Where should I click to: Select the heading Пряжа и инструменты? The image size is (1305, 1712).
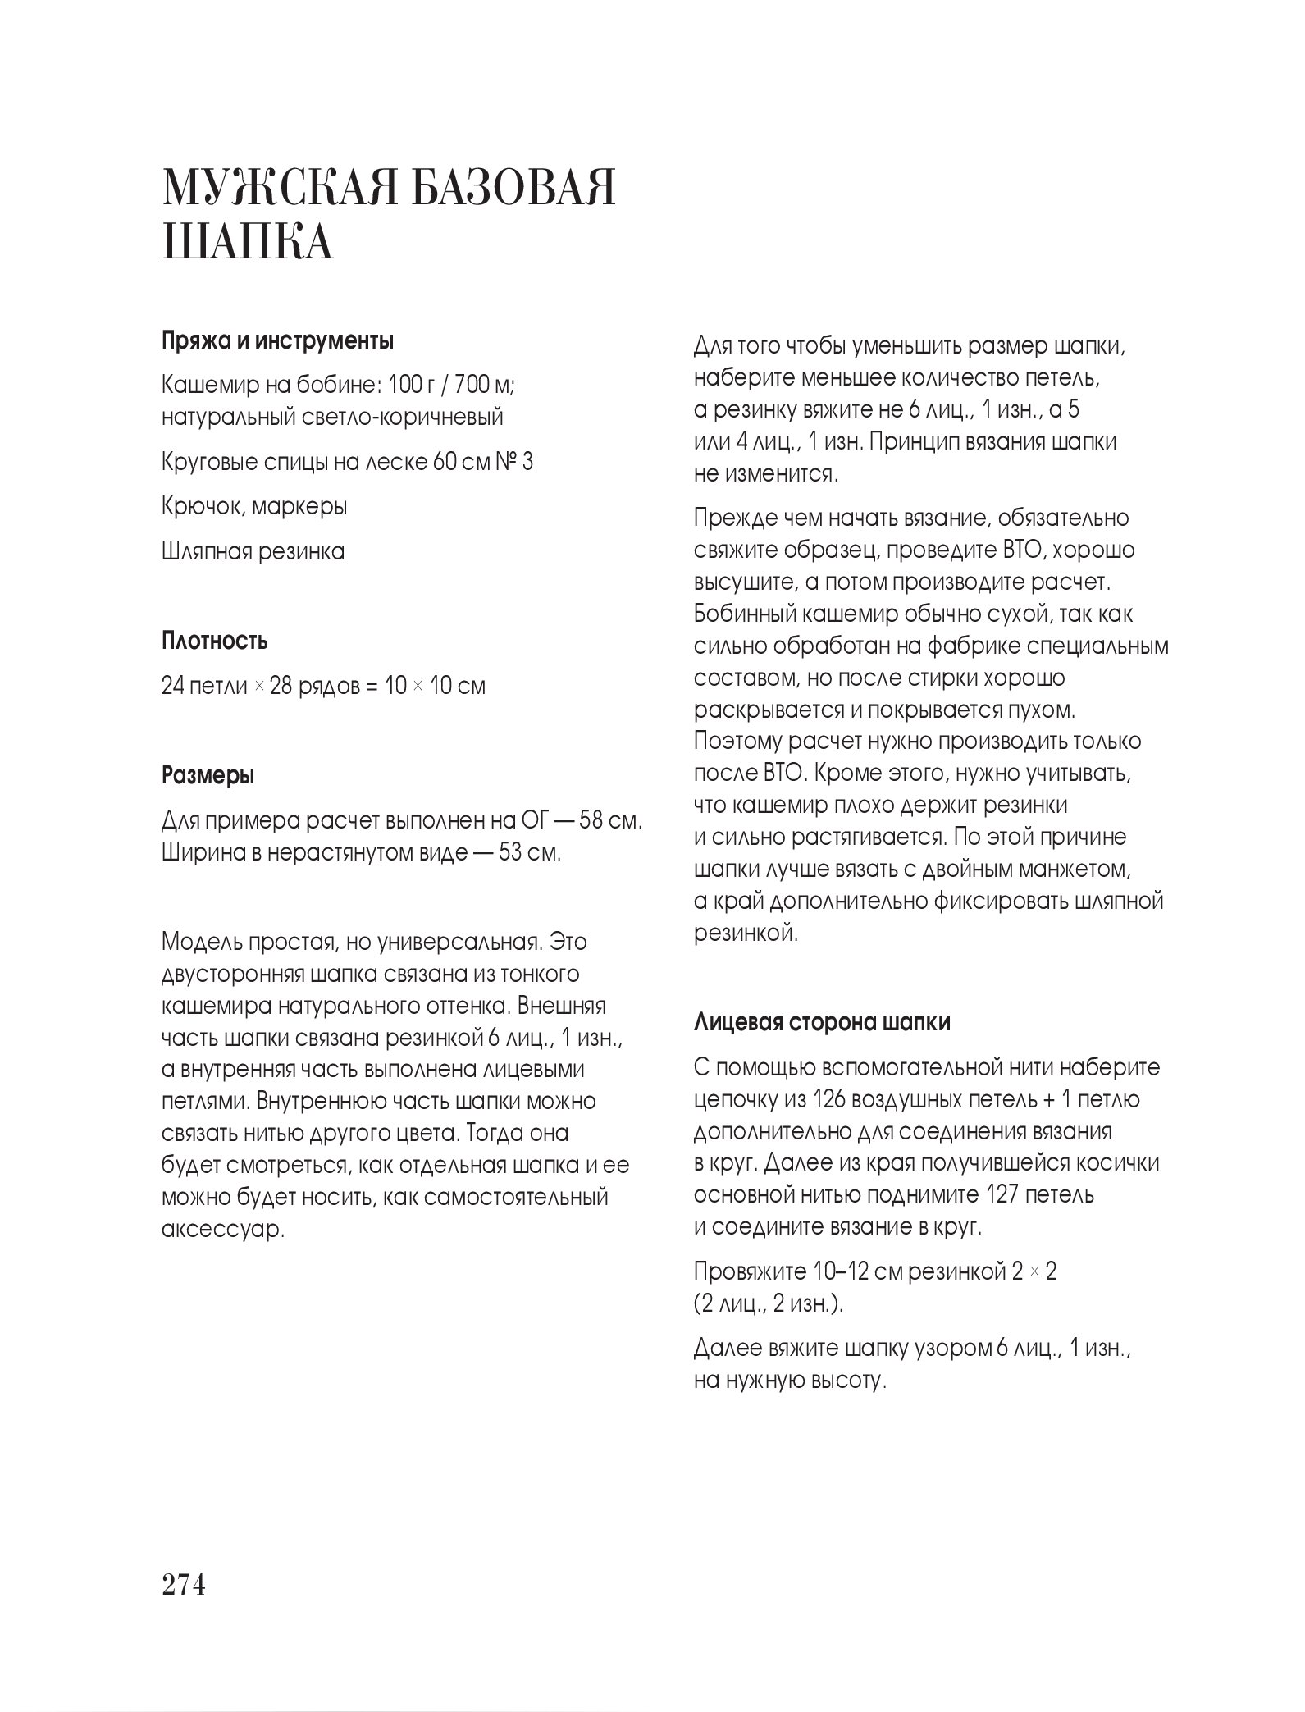pos(276,340)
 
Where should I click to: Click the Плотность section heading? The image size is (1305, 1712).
pos(214,640)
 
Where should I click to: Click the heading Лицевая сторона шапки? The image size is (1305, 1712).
pos(822,1023)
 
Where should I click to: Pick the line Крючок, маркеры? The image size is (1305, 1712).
pos(254,507)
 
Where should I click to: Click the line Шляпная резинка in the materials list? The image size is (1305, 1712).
pos(253,551)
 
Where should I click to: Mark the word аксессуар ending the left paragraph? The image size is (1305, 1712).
pos(222,1229)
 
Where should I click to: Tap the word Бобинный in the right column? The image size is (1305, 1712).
pos(745,614)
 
